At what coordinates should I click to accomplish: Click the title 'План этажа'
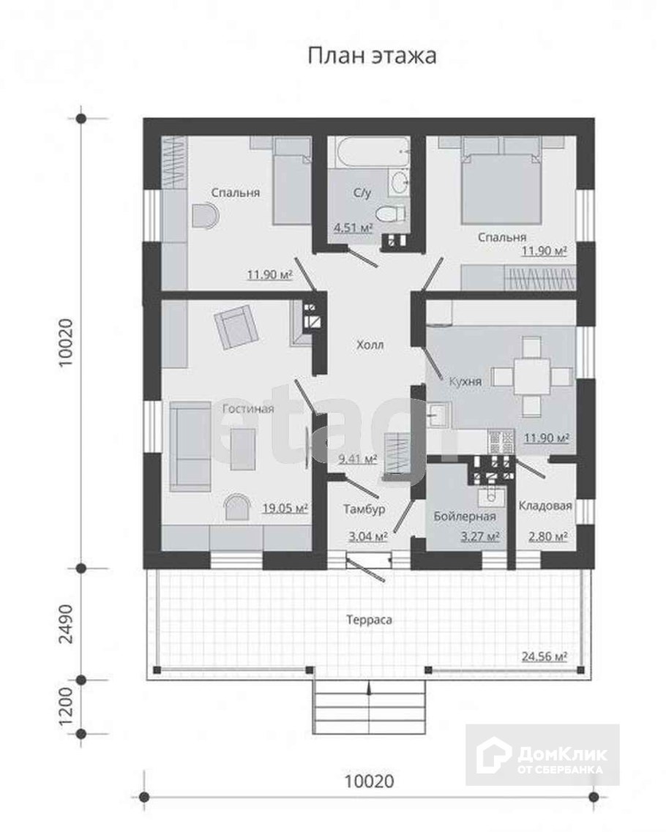(x=372, y=56)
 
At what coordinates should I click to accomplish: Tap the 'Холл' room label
(x=370, y=345)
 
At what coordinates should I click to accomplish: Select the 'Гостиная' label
(x=248, y=408)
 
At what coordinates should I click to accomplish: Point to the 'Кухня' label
(x=465, y=381)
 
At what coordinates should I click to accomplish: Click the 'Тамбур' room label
(x=364, y=509)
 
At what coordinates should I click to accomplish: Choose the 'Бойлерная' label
(x=465, y=517)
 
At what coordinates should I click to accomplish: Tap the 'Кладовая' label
(x=545, y=506)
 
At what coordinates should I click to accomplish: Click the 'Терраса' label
(x=370, y=620)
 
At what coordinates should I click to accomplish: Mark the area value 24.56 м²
(x=545, y=656)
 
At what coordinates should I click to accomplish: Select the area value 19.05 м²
(x=285, y=509)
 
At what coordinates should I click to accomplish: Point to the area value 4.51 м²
(x=353, y=228)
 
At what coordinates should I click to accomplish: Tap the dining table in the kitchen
(x=532, y=378)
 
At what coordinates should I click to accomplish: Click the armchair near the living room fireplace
(x=236, y=329)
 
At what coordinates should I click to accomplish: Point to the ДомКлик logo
(x=542, y=754)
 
